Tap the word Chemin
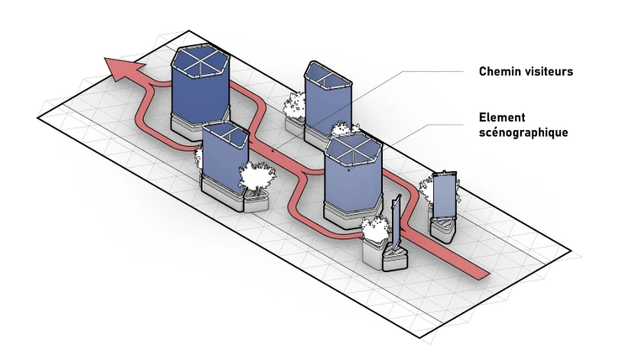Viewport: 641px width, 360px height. [x=501, y=72]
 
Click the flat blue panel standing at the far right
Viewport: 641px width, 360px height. [x=442, y=195]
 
